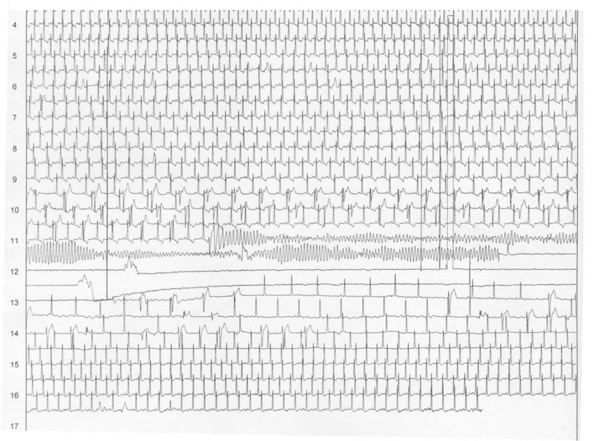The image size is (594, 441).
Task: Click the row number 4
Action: click(x=15, y=26)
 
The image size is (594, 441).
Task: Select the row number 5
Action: click(x=15, y=56)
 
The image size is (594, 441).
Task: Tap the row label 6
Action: click(x=15, y=87)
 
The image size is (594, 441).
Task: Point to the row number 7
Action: click(x=15, y=118)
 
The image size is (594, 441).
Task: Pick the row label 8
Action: click(x=15, y=149)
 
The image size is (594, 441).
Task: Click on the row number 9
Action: click(x=15, y=179)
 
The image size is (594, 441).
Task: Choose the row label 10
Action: click(x=15, y=210)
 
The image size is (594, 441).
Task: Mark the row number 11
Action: click(x=15, y=241)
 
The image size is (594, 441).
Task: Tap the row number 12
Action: click(x=15, y=272)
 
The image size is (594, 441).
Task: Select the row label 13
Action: click(x=15, y=303)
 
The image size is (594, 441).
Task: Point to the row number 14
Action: click(x=15, y=334)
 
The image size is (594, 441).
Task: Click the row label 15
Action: click(x=15, y=365)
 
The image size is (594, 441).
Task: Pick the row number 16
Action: click(x=15, y=396)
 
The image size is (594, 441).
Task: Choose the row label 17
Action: click(x=15, y=426)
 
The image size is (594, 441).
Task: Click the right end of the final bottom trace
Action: click(x=482, y=410)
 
